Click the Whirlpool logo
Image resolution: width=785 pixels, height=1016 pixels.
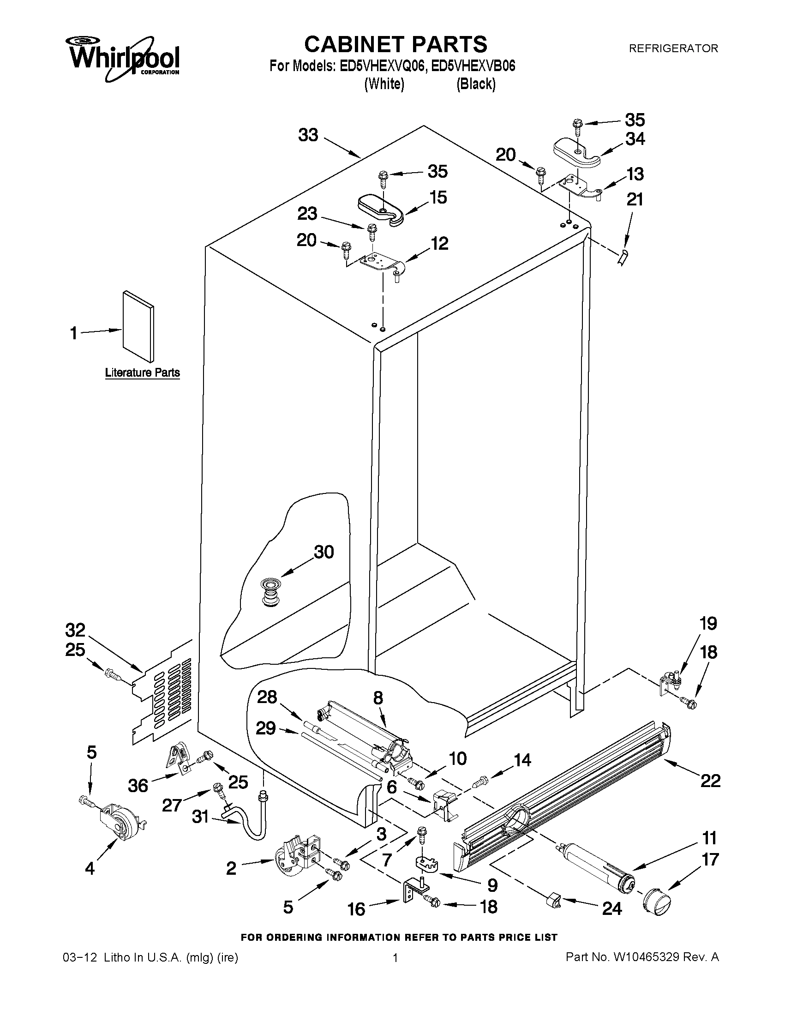[x=124, y=57]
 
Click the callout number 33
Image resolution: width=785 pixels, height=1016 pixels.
[x=308, y=135]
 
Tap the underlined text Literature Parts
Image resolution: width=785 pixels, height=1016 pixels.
[x=142, y=373]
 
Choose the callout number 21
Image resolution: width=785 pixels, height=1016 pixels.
[x=635, y=199]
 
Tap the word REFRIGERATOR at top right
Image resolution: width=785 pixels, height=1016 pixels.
[x=673, y=48]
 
